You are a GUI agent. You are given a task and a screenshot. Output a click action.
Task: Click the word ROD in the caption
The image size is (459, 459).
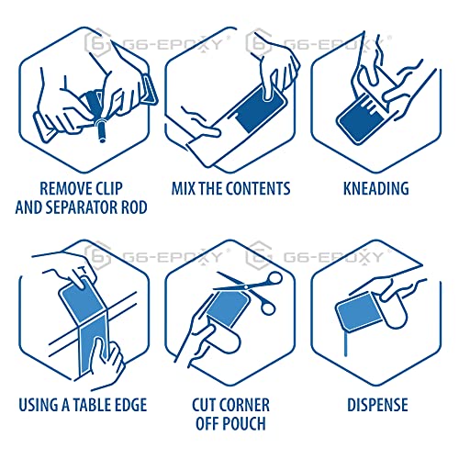click(132, 208)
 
